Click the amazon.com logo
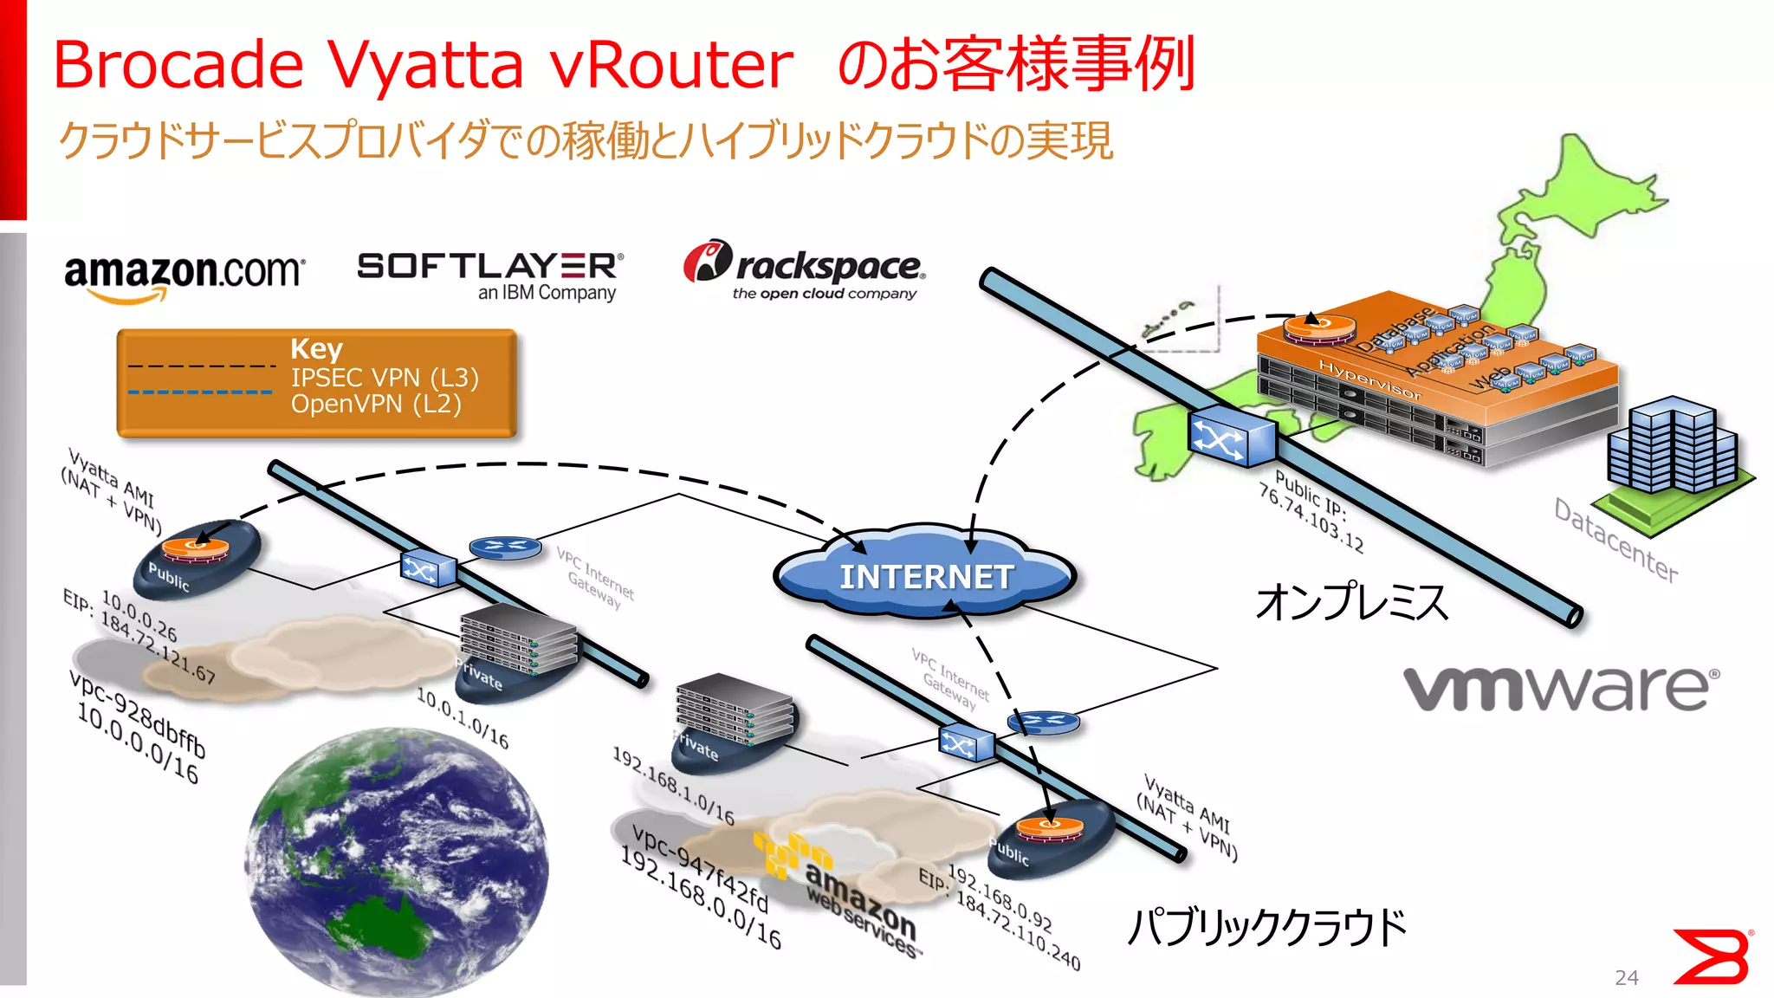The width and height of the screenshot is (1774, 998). (x=184, y=275)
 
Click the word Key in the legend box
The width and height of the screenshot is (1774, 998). (x=316, y=348)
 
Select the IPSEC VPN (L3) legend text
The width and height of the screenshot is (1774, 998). (x=385, y=378)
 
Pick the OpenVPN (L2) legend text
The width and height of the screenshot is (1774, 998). (x=376, y=404)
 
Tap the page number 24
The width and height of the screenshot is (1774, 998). (x=1626, y=977)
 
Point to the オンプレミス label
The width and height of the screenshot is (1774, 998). (x=1351, y=602)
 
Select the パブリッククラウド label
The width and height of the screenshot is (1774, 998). (x=1266, y=927)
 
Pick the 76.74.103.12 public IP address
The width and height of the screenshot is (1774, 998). (x=1310, y=519)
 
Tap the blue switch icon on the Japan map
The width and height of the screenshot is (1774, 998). (x=1231, y=438)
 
